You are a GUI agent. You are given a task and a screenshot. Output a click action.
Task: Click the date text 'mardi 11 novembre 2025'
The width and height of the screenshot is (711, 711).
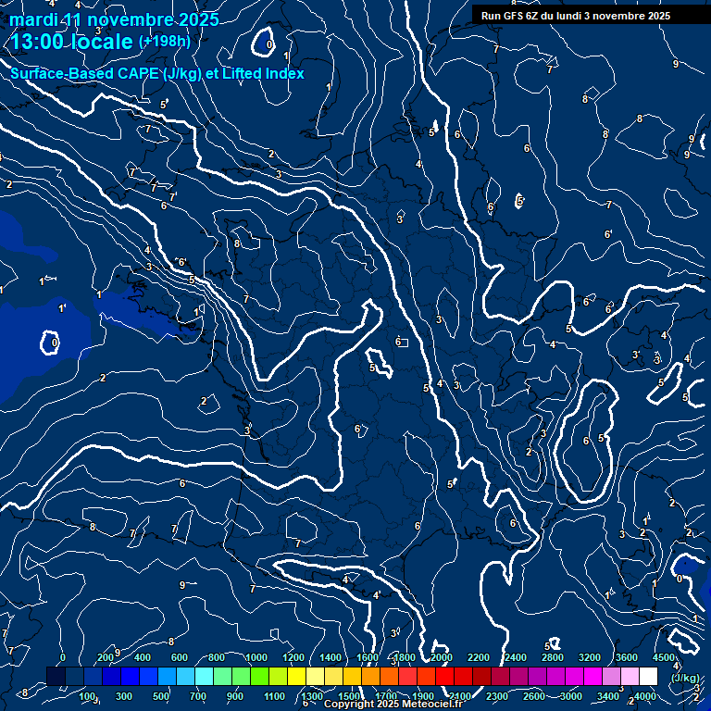(114, 19)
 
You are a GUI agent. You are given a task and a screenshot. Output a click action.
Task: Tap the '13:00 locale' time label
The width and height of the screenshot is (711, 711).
(72, 43)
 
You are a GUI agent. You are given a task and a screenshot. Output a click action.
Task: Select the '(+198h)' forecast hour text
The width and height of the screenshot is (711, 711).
(165, 42)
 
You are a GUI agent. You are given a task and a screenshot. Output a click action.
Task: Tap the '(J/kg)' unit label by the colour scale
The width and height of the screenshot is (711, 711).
(684, 677)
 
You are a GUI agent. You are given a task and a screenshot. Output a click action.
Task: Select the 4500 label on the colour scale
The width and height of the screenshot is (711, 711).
(664, 657)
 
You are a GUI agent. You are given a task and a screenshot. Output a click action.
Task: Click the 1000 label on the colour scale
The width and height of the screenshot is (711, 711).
(256, 657)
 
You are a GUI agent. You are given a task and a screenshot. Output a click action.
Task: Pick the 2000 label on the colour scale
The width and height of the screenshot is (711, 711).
(441, 657)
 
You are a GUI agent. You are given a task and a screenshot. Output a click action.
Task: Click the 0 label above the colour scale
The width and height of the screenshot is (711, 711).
(63, 657)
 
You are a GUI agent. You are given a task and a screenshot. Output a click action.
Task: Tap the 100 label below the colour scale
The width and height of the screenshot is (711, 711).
(88, 696)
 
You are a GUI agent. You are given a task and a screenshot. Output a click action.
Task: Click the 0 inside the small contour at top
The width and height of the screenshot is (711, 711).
(268, 44)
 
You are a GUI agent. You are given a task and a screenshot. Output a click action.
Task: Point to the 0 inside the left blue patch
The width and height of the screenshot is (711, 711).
(54, 343)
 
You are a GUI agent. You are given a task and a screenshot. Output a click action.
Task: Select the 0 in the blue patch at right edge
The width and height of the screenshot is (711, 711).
(680, 579)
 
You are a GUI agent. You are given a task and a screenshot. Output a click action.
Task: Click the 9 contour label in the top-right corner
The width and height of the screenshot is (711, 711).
(676, 63)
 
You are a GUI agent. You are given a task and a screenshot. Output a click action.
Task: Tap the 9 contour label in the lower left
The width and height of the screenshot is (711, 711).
(181, 585)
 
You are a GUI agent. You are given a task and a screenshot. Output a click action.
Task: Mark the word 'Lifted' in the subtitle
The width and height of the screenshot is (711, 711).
(243, 73)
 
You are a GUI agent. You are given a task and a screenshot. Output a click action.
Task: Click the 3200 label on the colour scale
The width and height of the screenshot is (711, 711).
(589, 657)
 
